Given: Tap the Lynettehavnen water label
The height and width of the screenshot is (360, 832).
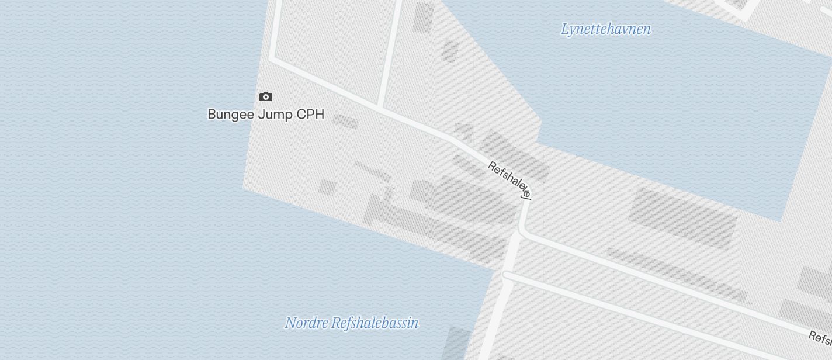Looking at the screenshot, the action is click(605, 29).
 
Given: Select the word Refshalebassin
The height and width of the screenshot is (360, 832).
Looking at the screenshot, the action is click(375, 323).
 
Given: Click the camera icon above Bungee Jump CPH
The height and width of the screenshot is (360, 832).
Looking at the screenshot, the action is click(266, 96).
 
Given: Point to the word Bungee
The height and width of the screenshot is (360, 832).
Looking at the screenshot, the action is click(231, 115).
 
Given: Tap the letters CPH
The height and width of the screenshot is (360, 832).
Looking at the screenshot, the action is click(310, 114).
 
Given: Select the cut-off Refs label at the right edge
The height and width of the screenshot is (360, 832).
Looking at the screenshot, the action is click(820, 337).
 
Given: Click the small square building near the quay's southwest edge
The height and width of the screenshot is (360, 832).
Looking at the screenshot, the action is click(327, 188).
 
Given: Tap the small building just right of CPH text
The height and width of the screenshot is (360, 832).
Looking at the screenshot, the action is click(345, 121).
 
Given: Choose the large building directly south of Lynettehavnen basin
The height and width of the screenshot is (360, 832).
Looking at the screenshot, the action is click(682, 217).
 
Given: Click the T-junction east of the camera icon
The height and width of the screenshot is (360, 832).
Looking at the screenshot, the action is click(380, 108).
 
